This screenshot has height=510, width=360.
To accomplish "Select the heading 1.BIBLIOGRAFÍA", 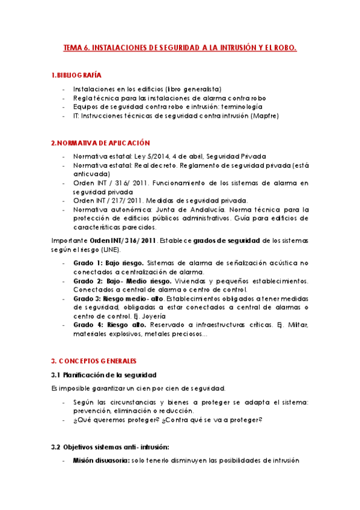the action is point(76,75).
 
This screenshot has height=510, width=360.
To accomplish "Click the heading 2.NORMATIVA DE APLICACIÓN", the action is point(100,143).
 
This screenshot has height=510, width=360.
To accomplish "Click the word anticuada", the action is point(89,174).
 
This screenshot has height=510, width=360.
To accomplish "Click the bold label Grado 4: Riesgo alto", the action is point(105,325).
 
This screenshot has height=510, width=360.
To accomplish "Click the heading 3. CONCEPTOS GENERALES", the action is point(93,361).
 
